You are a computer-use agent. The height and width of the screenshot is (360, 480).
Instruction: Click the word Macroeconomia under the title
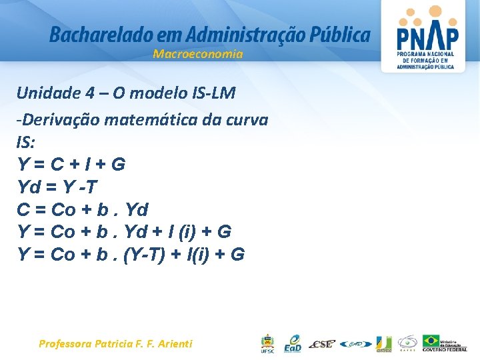coord(198,55)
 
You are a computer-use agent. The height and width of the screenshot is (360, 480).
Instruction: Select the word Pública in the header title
coord(343,34)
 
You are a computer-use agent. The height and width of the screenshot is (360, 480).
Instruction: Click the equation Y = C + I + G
coord(71,164)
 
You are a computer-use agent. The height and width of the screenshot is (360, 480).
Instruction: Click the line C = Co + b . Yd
coord(82,209)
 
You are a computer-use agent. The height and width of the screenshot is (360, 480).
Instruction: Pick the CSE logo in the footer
coord(323,344)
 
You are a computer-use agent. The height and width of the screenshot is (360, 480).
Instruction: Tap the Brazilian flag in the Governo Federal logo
coord(431,341)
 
